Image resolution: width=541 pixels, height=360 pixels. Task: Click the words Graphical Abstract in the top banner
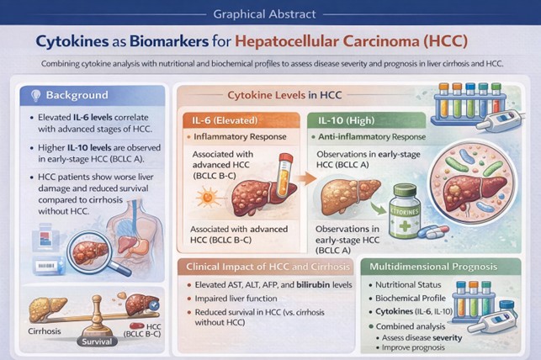(x=269, y=13)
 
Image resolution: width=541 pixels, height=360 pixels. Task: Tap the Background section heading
(x=78, y=95)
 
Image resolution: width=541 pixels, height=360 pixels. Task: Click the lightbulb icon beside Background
(x=34, y=95)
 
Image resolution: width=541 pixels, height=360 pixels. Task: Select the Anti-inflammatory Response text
(x=374, y=136)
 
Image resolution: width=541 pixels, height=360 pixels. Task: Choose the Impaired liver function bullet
(x=239, y=305)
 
